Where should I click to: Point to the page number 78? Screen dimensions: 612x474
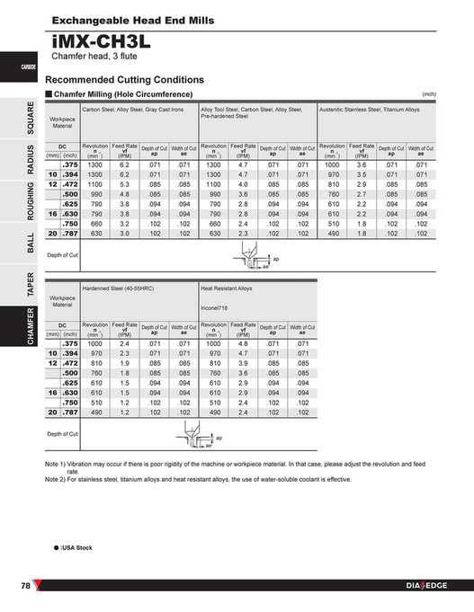27,586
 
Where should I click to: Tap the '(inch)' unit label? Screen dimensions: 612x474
428,93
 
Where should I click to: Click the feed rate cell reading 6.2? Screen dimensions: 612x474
125,165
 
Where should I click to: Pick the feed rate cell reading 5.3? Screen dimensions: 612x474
125,184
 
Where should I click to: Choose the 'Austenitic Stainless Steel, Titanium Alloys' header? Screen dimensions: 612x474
370,110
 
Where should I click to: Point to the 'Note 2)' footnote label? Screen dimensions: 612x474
58,479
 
